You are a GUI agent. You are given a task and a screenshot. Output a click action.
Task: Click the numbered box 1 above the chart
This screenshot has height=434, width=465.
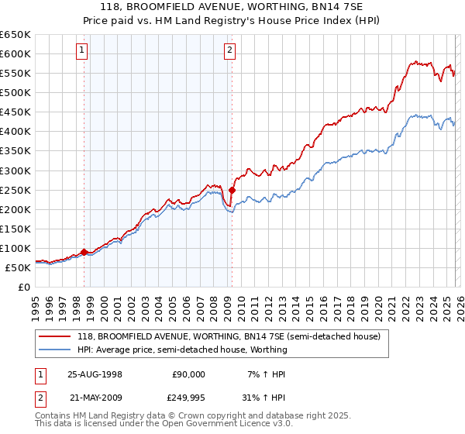pos(83,52)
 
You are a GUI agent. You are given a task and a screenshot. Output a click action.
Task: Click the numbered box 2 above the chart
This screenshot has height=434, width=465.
pos(230,52)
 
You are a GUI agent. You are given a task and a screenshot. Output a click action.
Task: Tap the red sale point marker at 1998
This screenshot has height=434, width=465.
pos(84,252)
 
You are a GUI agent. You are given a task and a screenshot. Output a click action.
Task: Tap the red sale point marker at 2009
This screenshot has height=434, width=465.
pos(232,190)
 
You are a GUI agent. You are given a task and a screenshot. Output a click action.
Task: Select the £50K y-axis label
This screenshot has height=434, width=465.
pos(18,267)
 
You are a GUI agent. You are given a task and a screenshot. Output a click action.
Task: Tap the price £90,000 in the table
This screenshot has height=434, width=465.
pos(188,374)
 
